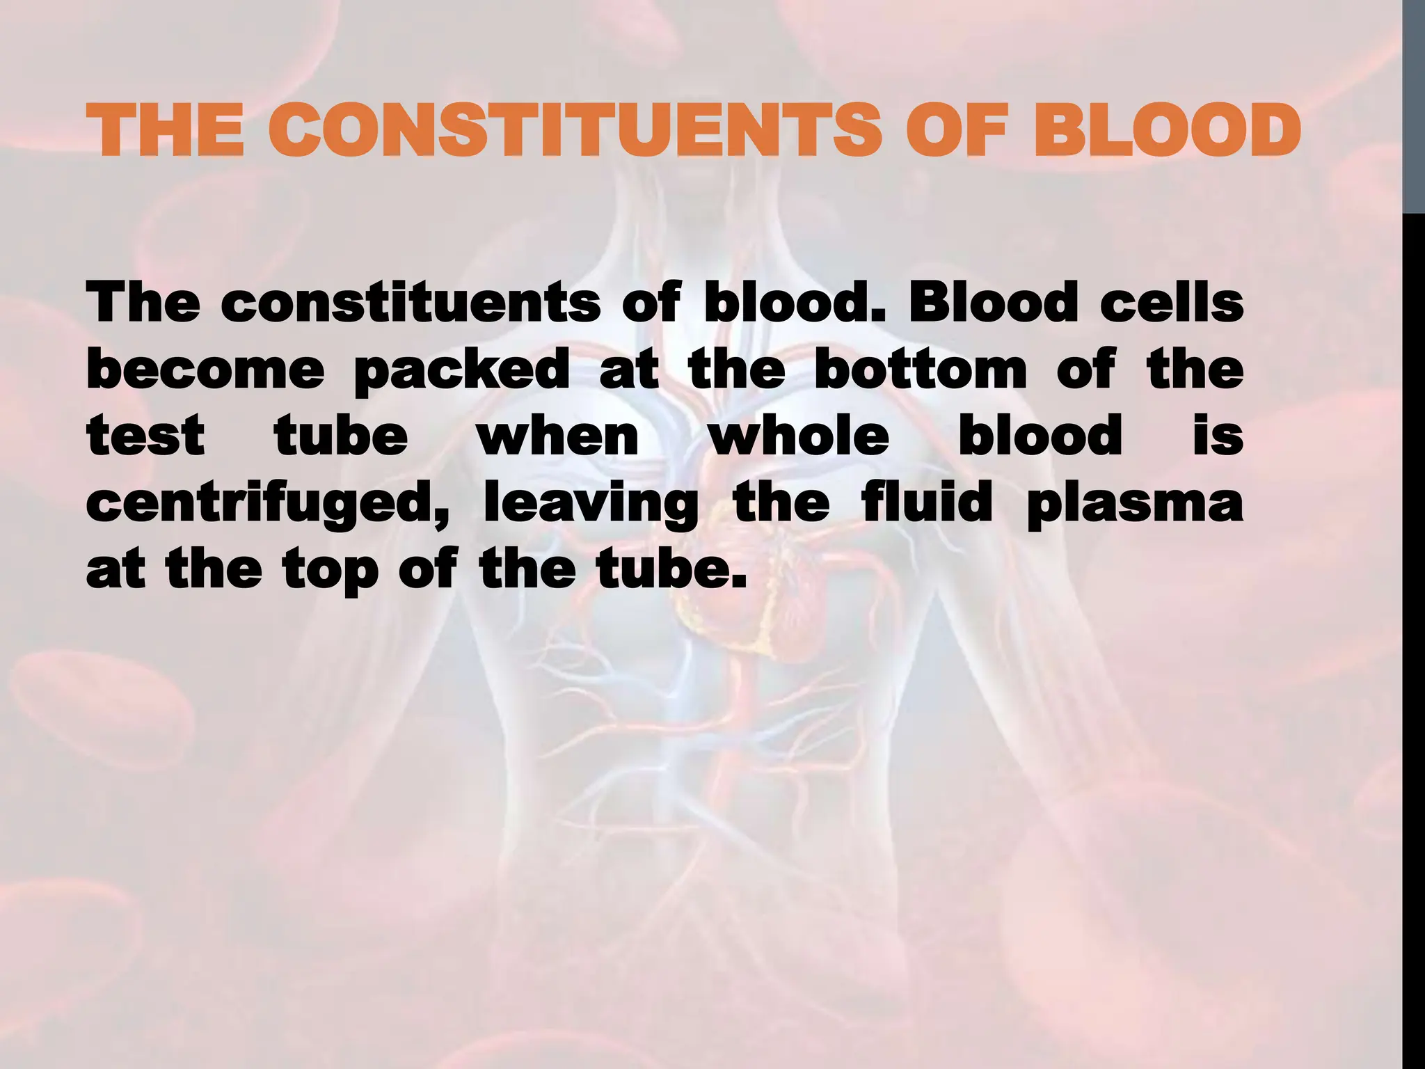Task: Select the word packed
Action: pyautogui.click(x=461, y=371)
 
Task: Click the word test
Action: pyautogui.click(x=145, y=436)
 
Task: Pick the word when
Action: pyautogui.click(x=557, y=436)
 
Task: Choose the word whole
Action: pyautogui.click(x=798, y=436)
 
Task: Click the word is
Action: pyautogui.click(x=1218, y=436)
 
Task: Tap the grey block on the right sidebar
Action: pyautogui.click(x=1414, y=104)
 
